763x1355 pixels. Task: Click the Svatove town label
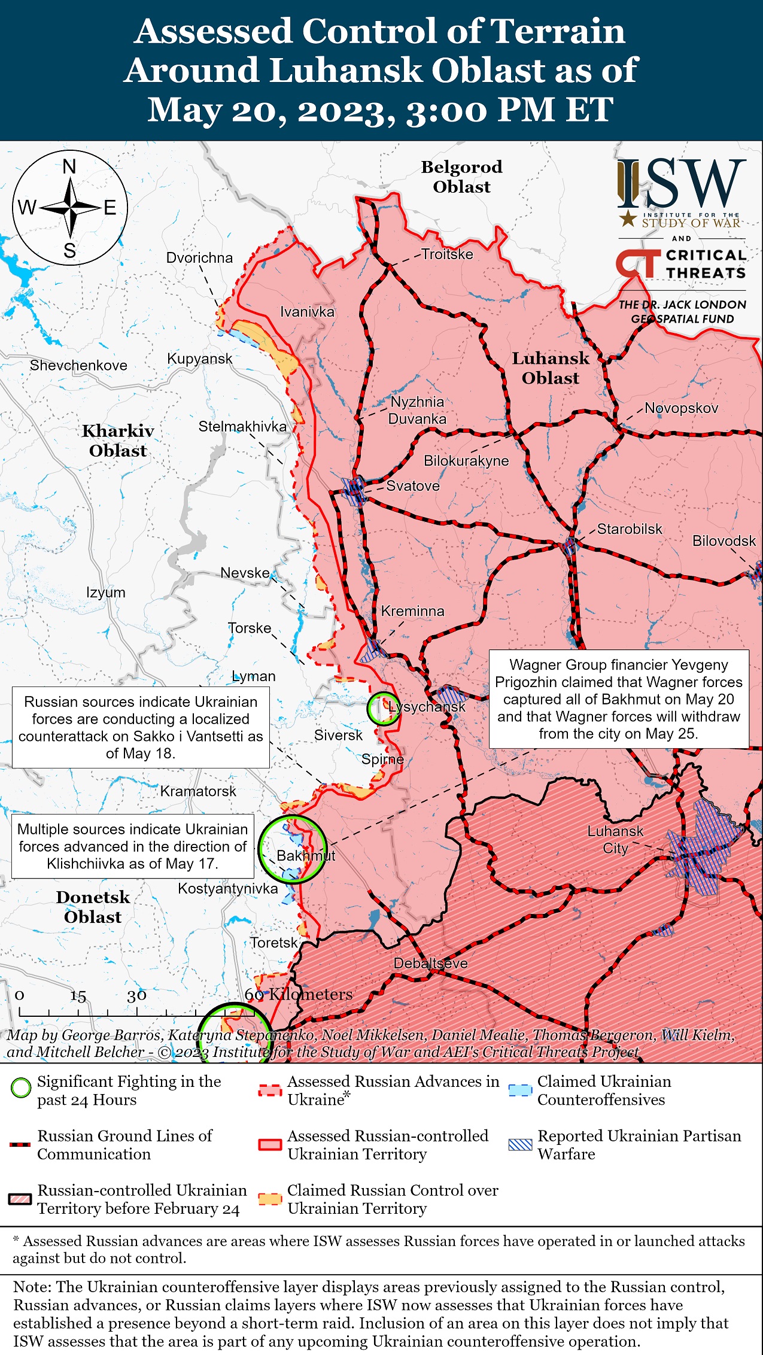pos(413,486)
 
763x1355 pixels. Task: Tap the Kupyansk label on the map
pos(199,359)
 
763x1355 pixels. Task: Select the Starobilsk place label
pos(630,529)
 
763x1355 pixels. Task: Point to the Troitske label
pos(447,254)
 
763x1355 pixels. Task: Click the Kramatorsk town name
pos(198,791)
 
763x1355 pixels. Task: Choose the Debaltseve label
pos(430,964)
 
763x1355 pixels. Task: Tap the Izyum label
pos(106,593)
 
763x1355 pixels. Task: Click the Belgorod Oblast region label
pos(461,177)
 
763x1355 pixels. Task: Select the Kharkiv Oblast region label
pos(118,440)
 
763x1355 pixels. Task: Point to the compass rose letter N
pos(70,167)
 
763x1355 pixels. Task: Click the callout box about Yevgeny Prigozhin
pos(618,699)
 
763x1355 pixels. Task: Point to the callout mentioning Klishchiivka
pos(132,846)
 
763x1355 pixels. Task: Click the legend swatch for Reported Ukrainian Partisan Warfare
pos(519,1145)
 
